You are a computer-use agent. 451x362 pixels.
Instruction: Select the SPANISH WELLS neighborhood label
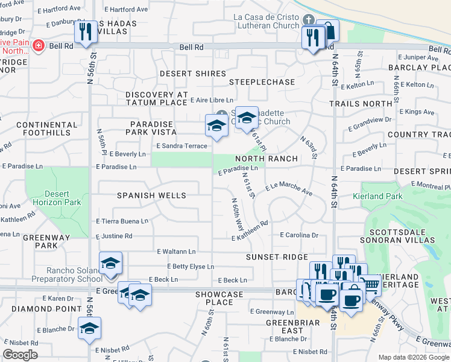click(151, 195)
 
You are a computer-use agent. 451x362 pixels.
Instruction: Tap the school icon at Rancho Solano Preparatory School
click(110, 264)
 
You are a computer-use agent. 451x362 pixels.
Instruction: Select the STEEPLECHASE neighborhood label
click(262, 82)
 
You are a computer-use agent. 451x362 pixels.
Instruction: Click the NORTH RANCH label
click(266, 159)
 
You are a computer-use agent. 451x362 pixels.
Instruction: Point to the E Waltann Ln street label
click(176, 251)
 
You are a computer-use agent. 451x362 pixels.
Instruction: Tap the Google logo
click(20, 355)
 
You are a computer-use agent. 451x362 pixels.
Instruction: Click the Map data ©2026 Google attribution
click(414, 357)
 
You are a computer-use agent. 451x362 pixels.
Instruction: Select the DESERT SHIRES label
click(192, 74)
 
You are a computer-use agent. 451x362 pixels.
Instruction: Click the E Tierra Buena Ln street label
click(122, 221)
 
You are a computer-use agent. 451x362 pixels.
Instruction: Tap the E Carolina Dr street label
click(298, 235)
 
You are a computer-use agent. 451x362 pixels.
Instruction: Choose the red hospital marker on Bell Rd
click(38, 46)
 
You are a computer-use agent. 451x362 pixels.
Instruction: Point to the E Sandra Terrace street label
click(181, 146)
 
